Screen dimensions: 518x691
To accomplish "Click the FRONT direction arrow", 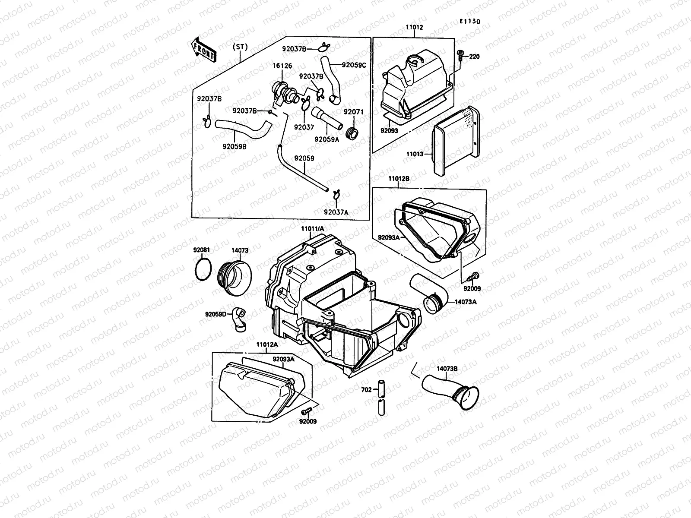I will [203, 48].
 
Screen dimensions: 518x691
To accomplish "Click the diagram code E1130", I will [469, 21].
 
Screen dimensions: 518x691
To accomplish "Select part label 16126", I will [282, 66].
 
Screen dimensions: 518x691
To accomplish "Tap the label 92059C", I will [354, 65].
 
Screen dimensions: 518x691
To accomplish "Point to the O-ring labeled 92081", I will [203, 270].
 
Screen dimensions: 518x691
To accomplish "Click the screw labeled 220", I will [460, 55].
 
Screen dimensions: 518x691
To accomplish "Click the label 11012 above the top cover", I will [414, 27].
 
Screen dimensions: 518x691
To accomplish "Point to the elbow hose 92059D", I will [239, 319].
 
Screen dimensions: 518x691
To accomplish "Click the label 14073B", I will [447, 368].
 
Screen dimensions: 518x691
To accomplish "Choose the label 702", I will [366, 390].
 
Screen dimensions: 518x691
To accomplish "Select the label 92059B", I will [235, 146].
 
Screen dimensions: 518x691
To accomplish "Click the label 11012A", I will [267, 345].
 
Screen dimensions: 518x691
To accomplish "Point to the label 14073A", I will [465, 302].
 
